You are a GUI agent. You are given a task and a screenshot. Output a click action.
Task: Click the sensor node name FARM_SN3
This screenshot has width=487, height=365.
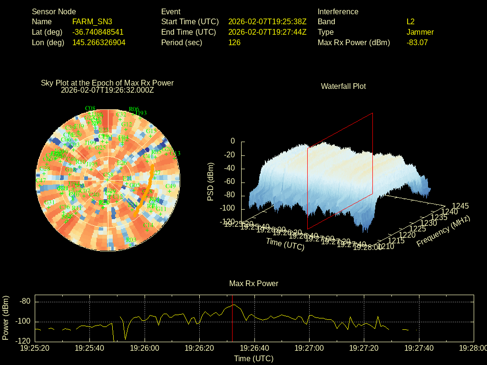click(92, 21)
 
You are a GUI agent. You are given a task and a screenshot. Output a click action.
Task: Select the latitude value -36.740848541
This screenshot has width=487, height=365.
click(98, 32)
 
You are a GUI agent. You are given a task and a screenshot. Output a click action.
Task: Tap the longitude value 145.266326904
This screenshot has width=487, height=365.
click(99, 42)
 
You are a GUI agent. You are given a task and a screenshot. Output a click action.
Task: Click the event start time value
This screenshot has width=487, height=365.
click(267, 21)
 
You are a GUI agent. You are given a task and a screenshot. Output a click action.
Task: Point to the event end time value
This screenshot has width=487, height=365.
click(267, 32)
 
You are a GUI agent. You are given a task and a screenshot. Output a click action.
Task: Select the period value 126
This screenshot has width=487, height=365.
click(234, 42)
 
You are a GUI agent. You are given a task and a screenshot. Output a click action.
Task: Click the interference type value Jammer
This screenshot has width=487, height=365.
click(420, 32)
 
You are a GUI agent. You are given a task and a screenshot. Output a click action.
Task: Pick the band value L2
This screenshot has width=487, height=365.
click(410, 21)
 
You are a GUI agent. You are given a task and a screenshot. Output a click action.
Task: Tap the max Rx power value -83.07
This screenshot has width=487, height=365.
click(417, 42)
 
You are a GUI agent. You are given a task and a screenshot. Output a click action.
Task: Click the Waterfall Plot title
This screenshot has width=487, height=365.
click(343, 86)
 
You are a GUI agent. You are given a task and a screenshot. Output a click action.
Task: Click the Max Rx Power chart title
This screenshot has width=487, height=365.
click(253, 283)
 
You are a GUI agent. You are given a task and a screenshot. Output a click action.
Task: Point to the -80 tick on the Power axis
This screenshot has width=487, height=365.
click(25, 301)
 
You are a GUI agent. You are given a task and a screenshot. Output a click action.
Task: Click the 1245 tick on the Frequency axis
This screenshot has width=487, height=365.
click(460, 206)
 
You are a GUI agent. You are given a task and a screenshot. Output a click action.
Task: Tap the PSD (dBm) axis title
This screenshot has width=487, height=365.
click(211, 182)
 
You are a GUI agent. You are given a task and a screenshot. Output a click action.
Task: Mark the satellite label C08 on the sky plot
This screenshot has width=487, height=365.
click(90, 108)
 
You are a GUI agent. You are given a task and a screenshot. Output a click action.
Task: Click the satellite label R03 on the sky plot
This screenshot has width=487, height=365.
click(131, 240)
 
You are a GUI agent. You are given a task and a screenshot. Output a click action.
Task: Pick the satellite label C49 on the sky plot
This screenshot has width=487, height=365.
click(170, 186)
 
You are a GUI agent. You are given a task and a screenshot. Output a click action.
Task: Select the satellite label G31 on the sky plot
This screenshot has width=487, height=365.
click(50, 202)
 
